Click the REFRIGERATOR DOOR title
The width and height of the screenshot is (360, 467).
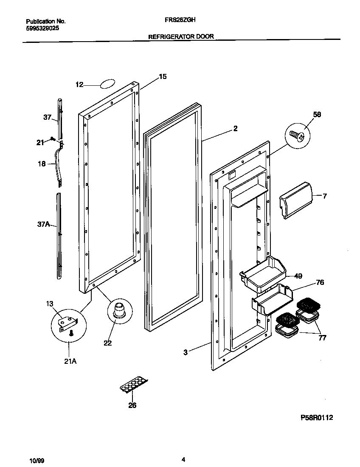pos(180,37)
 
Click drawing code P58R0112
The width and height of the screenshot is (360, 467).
pos(316,418)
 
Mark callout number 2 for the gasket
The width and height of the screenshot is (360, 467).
pos(236,129)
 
